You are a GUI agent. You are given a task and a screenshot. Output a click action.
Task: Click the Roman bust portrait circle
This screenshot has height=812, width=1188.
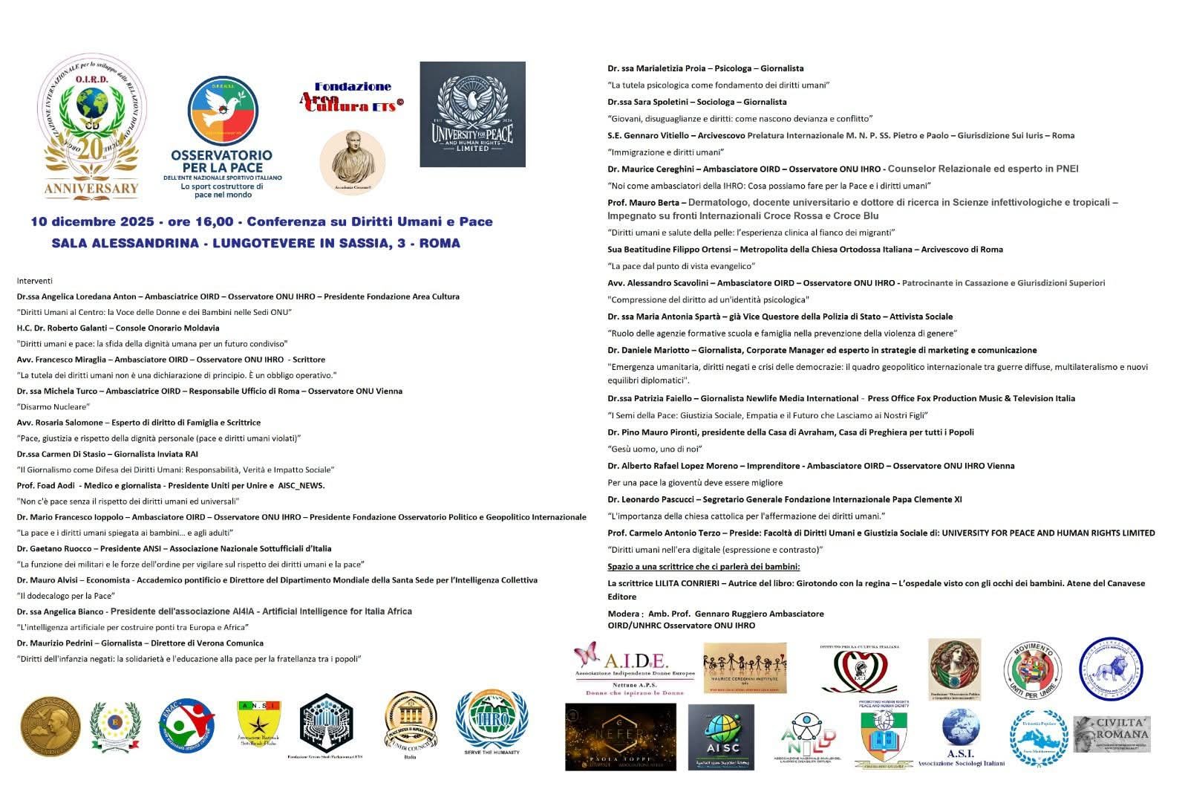(353, 162)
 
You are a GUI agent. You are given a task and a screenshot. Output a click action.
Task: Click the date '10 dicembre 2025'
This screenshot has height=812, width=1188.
(92, 221)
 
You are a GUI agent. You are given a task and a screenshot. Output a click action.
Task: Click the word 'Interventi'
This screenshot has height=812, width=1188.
(35, 281)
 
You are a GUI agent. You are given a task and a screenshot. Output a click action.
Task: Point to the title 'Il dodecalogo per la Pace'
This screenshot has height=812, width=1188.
(66, 596)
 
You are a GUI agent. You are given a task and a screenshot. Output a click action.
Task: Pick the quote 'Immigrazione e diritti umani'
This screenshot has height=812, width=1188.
(666, 152)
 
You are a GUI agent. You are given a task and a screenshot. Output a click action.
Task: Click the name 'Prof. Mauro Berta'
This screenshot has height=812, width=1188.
(642, 203)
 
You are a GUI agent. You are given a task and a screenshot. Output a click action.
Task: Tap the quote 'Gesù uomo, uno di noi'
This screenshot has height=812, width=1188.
(655, 449)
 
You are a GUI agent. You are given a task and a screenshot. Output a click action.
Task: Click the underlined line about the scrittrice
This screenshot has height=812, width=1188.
(703, 567)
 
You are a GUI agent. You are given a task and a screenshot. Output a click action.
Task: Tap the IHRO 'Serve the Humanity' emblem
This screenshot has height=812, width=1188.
(492, 723)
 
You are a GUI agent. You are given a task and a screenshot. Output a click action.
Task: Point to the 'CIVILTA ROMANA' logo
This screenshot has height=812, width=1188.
(1112, 734)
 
